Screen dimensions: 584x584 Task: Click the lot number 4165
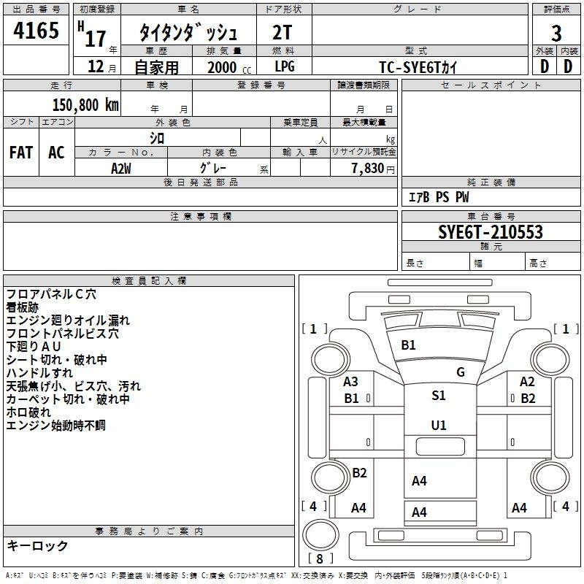click(36, 34)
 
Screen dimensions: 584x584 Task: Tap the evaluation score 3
click(556, 34)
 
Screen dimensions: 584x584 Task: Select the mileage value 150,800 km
click(85, 104)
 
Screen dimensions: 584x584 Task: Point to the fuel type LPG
click(285, 66)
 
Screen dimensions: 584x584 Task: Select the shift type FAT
click(21, 153)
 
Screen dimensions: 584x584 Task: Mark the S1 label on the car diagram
click(439, 396)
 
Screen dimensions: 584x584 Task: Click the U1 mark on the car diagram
click(439, 425)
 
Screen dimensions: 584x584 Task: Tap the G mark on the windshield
click(461, 372)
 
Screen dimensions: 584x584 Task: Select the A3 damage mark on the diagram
click(351, 381)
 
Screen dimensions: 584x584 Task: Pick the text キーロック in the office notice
click(38, 546)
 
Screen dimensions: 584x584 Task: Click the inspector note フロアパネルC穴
click(51, 294)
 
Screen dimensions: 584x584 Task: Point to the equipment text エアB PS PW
click(438, 197)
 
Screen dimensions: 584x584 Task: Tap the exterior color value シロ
click(157, 138)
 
